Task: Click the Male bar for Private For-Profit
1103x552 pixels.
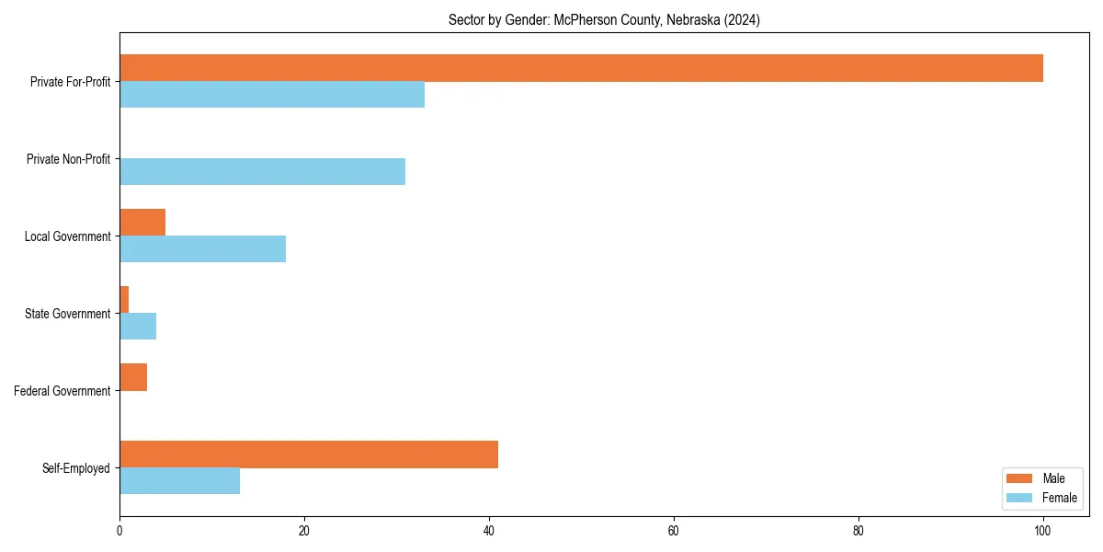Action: [581, 68]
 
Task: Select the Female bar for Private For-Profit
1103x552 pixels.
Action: [272, 95]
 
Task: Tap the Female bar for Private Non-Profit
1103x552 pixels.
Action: [262, 172]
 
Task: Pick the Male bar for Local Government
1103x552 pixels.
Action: [142, 223]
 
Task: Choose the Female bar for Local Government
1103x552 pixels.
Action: [202, 249]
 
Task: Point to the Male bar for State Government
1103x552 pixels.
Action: [124, 300]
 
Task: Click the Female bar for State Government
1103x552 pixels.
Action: [138, 327]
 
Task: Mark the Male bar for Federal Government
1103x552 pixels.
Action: [133, 377]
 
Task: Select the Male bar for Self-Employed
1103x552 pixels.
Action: [309, 454]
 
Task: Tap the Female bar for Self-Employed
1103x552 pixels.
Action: [179, 481]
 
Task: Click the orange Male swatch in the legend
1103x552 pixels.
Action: [1019, 478]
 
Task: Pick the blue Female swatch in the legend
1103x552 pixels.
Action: [1019, 498]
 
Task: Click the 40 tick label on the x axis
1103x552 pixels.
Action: [489, 530]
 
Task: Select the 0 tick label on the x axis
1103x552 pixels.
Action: [119, 530]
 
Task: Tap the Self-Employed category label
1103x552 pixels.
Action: [76, 468]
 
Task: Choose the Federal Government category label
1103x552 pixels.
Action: [63, 391]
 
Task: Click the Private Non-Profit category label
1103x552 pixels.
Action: [68, 159]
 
